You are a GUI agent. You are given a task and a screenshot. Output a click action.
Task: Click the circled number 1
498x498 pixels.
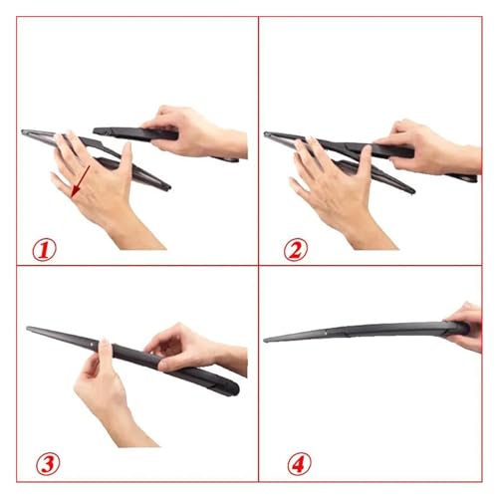click(44, 250)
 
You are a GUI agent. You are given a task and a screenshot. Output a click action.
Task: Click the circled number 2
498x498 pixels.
click(296, 250)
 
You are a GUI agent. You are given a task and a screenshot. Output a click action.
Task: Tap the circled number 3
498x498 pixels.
click(48, 464)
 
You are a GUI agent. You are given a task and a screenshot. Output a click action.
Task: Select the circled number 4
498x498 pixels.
click(299, 464)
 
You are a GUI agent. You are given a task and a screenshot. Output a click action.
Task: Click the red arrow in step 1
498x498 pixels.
click(81, 181)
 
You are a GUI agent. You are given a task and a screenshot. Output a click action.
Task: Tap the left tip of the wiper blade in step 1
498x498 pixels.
click(23, 131)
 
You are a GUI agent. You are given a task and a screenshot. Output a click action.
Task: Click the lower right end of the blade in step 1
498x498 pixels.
click(168, 187)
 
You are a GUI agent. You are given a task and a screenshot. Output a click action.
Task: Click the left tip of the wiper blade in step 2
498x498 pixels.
click(265, 133)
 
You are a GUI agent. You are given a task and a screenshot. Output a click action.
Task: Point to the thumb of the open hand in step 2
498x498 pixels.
click(366, 162)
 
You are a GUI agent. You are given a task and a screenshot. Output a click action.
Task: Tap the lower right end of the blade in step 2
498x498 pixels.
click(412, 191)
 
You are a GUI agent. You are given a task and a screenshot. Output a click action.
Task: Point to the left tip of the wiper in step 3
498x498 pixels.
click(28, 329)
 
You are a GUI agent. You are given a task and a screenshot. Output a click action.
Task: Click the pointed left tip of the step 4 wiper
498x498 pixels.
click(265, 340)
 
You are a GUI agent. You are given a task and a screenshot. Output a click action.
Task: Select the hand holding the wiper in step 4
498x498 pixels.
click(466, 327)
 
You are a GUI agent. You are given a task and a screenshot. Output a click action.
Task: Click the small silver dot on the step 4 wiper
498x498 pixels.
click(326, 331)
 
